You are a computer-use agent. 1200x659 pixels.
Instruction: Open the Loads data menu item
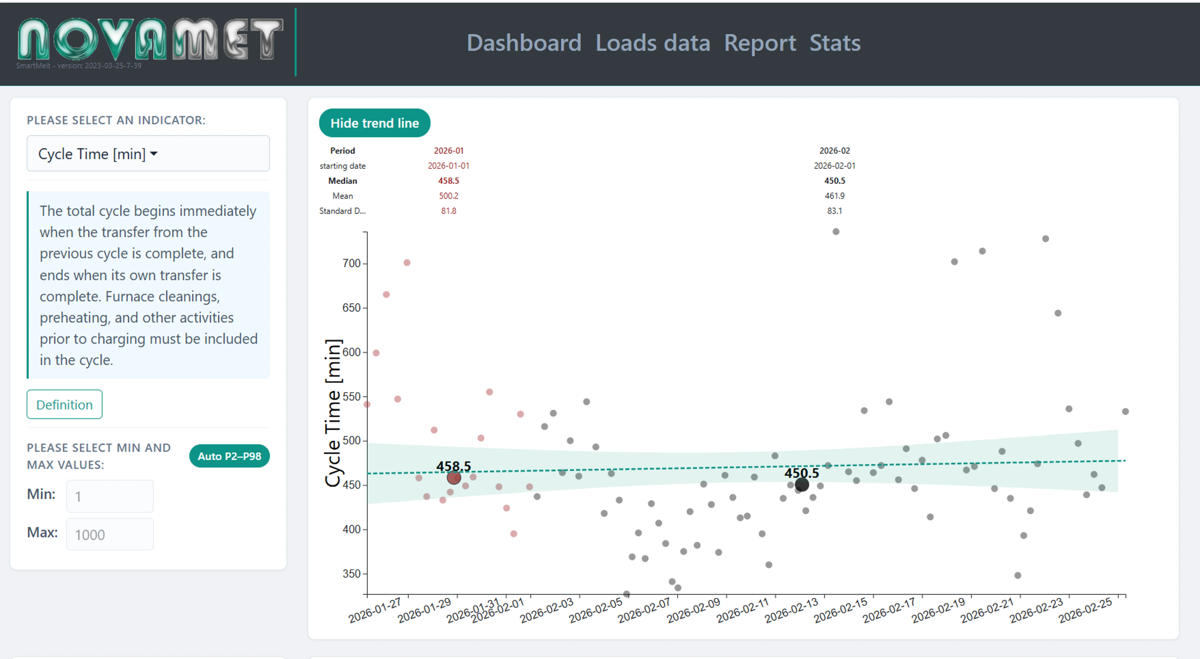click(653, 43)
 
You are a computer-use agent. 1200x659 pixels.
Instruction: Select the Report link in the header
click(760, 43)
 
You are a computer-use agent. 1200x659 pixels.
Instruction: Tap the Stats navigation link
click(835, 43)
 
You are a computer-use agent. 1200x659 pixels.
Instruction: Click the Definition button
click(64, 404)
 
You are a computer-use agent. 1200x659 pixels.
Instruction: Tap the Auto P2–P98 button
click(229, 456)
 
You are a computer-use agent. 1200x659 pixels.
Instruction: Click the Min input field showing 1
click(110, 496)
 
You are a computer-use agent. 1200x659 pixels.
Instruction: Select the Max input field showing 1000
click(110, 535)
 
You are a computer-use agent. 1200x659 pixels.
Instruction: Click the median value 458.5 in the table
click(448, 181)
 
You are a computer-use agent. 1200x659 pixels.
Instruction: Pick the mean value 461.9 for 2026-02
click(834, 196)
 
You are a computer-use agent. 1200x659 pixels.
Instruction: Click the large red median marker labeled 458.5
click(454, 477)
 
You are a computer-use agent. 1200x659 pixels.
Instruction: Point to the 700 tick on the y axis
click(352, 263)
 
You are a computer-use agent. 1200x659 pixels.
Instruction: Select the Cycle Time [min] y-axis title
click(333, 413)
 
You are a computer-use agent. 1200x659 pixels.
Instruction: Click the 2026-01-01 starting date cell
click(448, 166)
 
